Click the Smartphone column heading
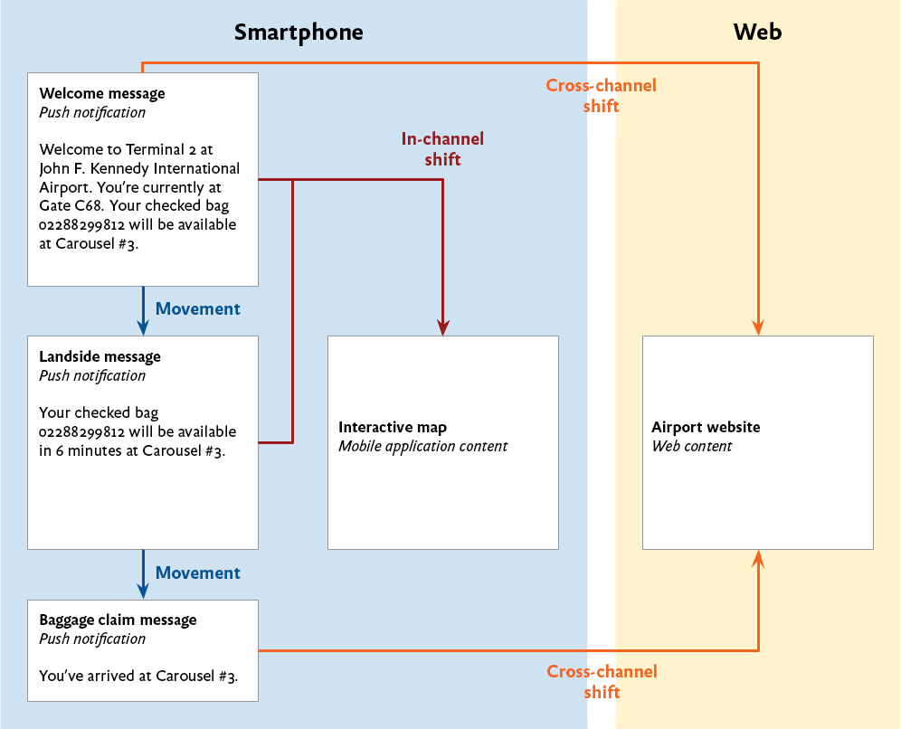click(299, 33)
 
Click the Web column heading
click(757, 33)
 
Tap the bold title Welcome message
click(102, 93)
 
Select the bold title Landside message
click(100, 356)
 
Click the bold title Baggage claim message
click(118, 620)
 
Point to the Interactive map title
click(393, 427)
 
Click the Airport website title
click(706, 427)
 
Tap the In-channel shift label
click(442, 149)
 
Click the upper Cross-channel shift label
click(601, 96)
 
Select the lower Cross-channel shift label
click(602, 682)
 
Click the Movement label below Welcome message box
click(197, 308)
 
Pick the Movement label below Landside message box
click(197, 573)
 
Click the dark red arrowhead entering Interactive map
click(442, 327)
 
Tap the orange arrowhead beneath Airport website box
click(758, 559)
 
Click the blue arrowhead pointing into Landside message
click(143, 327)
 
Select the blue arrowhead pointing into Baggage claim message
click(143, 590)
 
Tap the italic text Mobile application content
click(422, 446)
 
